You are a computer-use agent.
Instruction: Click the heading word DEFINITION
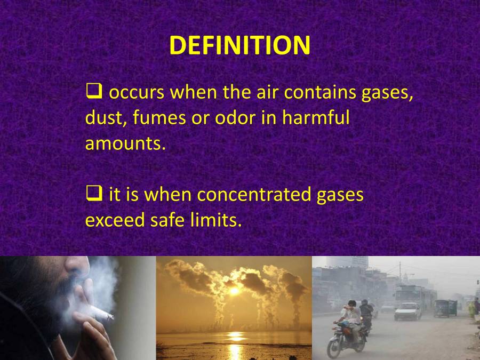pyautogui.click(x=239, y=46)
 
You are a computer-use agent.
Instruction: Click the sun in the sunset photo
pyautogui.click(x=233, y=290)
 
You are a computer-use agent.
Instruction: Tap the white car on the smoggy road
pyautogui.click(x=407, y=311)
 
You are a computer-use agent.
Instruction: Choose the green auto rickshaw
pyautogui.click(x=445, y=307)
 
